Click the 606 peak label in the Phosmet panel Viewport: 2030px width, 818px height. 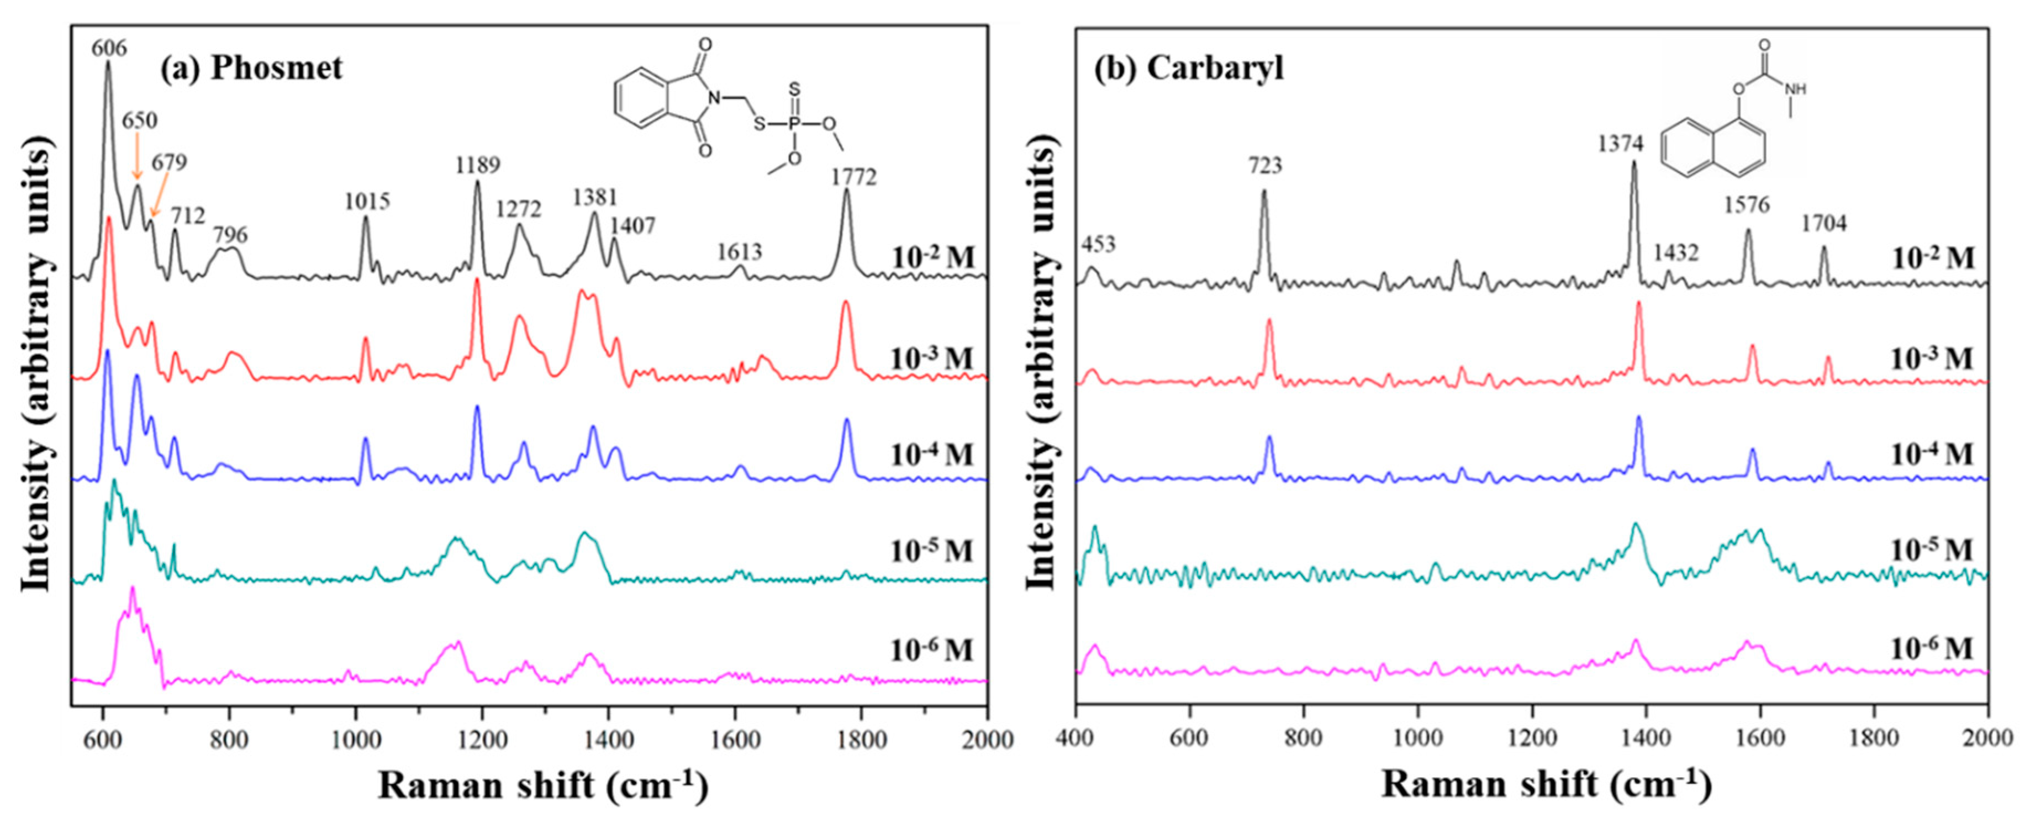[109, 48]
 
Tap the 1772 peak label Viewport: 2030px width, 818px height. [853, 177]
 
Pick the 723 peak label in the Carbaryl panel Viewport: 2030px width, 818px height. [1265, 166]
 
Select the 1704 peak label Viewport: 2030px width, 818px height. [1823, 224]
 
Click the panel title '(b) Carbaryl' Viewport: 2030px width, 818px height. [1188, 68]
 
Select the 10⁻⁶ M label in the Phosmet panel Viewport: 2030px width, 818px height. [931, 650]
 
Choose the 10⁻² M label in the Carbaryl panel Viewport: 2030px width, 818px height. [1932, 258]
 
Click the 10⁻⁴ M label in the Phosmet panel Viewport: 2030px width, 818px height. [931, 455]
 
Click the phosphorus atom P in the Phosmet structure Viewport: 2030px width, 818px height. [794, 124]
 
